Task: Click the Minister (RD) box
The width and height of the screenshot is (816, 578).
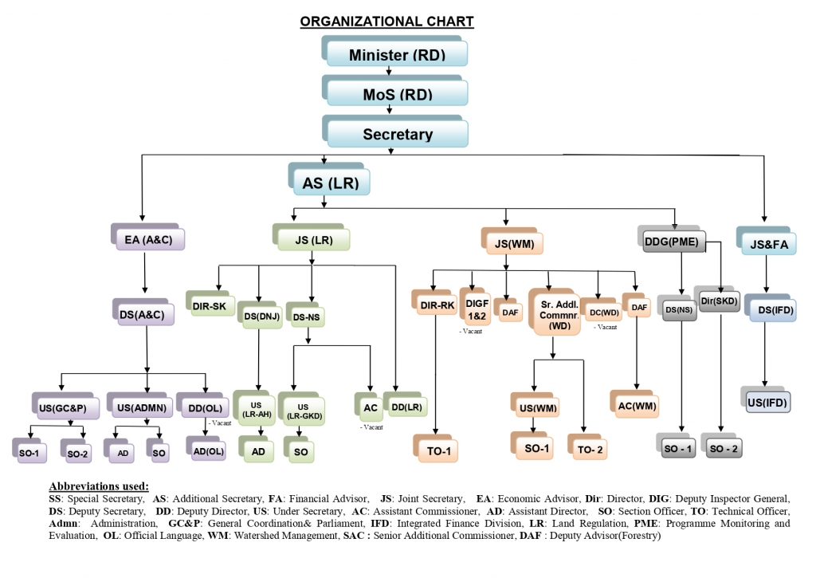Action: [x=396, y=53]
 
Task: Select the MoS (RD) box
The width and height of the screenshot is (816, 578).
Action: [x=396, y=92]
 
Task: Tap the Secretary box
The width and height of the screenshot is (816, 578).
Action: [x=396, y=134]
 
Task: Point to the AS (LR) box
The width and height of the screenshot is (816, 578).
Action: [x=331, y=183]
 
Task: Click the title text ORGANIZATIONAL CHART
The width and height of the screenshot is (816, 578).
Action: [x=386, y=22]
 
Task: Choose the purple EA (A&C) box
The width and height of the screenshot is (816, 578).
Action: [x=148, y=238]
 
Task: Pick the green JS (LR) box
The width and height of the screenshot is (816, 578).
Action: [x=312, y=238]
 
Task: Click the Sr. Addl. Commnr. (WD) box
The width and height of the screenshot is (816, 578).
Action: [x=555, y=313]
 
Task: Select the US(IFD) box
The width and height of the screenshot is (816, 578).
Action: [x=766, y=403]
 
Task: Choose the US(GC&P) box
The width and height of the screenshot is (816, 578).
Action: [x=63, y=407]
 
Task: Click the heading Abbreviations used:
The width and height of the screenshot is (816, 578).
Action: [x=99, y=486]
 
